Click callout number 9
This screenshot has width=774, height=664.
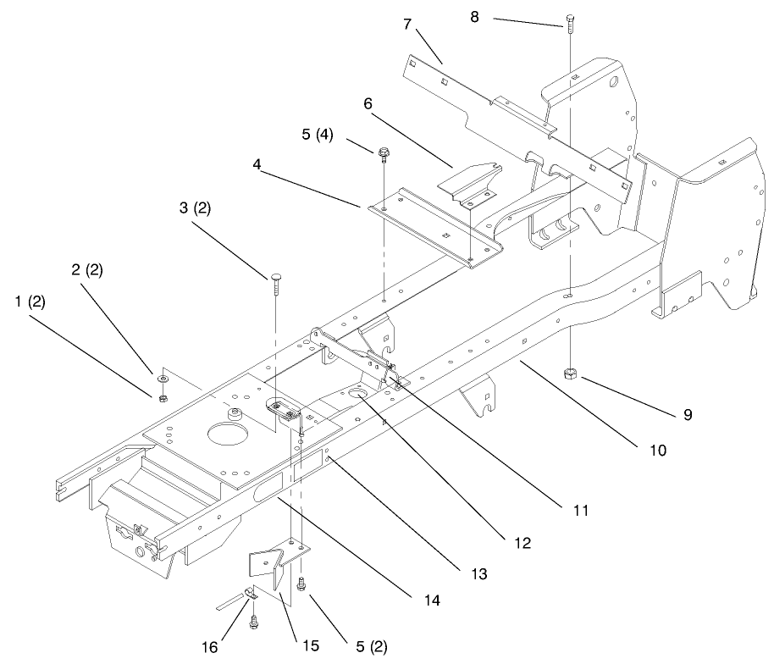tap(688, 415)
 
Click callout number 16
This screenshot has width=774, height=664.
tap(208, 647)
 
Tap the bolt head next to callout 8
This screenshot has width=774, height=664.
tap(569, 19)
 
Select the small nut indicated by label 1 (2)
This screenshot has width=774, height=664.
tap(163, 396)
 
